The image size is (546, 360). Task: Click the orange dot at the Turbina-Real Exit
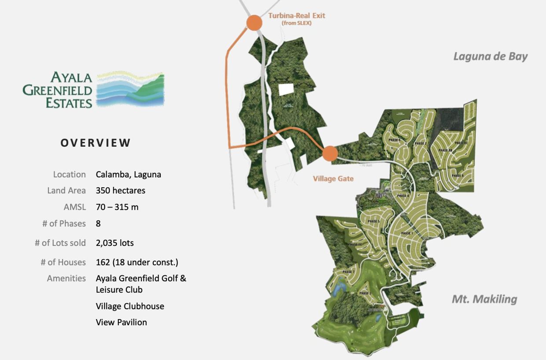[x=254, y=22]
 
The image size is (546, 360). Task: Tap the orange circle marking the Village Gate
[x=330, y=154]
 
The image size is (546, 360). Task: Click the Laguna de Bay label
[x=490, y=56]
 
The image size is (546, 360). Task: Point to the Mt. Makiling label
[x=484, y=299]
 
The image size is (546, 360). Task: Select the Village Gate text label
[x=333, y=178]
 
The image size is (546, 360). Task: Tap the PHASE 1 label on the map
[x=407, y=233]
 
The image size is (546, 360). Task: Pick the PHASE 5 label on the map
[x=373, y=221]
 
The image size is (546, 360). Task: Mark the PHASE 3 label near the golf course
[x=365, y=293]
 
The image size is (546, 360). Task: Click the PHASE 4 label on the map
[x=403, y=196]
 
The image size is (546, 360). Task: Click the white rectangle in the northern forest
[x=286, y=89]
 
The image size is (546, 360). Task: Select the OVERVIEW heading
[x=96, y=143]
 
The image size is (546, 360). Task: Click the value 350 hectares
[x=121, y=191]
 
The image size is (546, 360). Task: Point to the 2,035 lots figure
[x=115, y=243]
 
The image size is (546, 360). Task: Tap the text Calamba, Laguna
[x=129, y=174]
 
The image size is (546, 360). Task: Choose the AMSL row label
[x=75, y=207]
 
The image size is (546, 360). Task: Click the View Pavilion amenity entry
[x=122, y=322]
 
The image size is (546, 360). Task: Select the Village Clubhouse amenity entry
[x=130, y=306]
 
